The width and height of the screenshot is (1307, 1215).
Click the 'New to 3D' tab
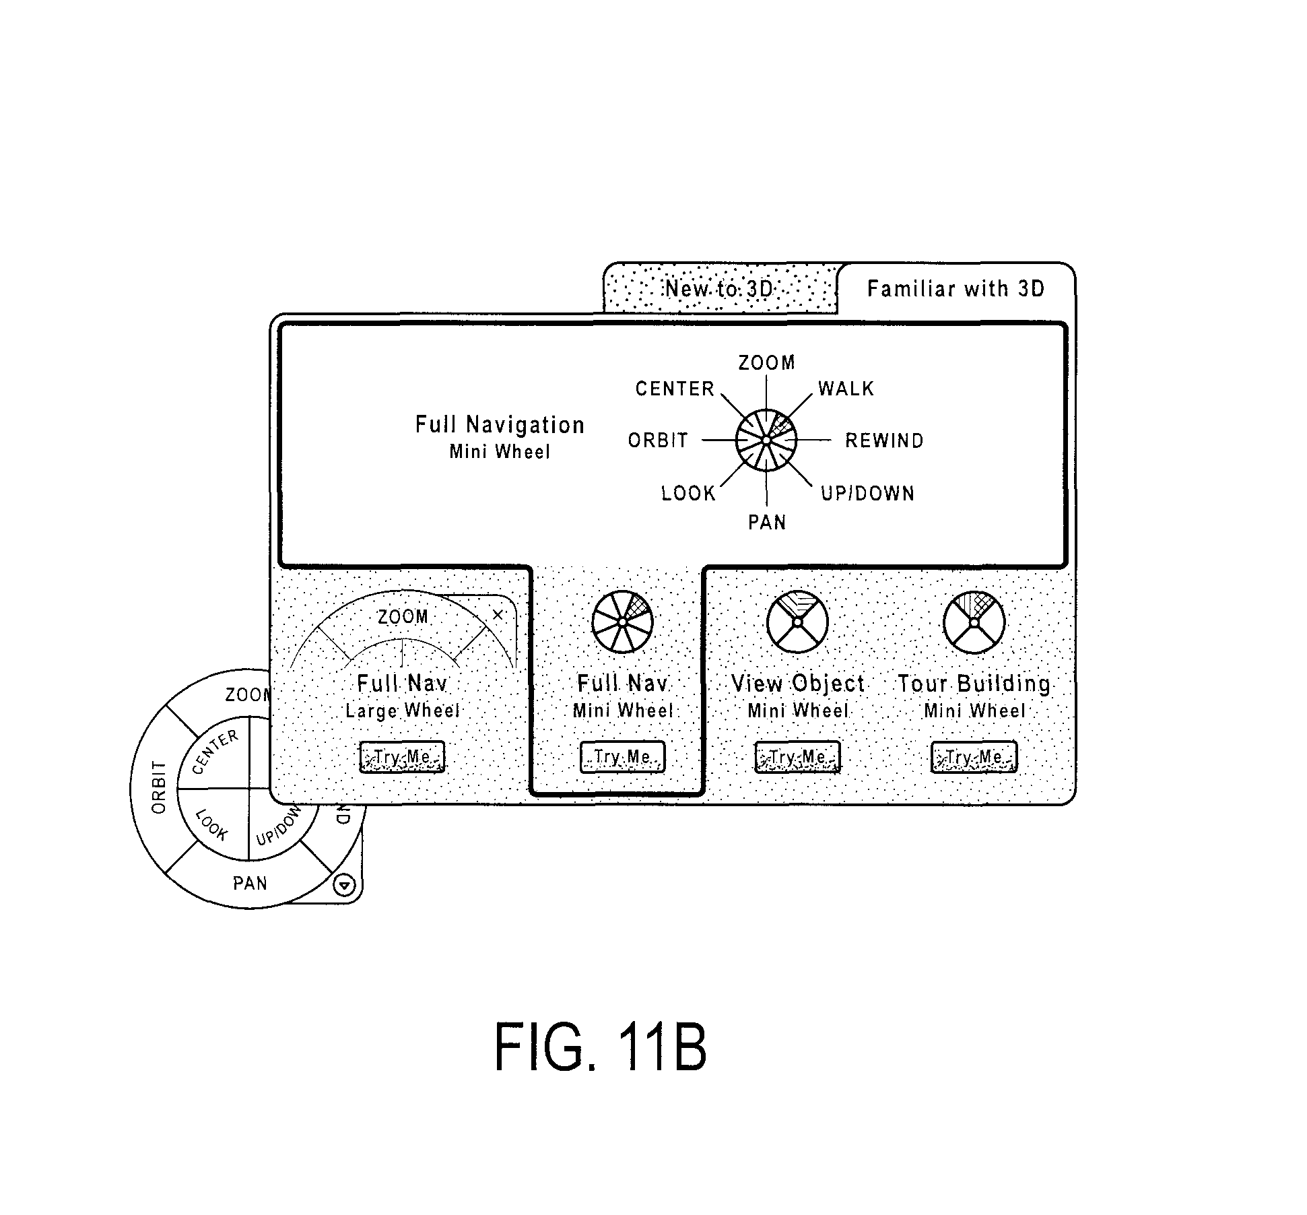(720, 288)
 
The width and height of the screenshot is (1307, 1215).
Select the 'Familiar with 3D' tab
(956, 289)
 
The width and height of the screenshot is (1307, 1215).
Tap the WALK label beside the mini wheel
(846, 389)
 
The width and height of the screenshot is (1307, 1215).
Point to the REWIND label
(884, 440)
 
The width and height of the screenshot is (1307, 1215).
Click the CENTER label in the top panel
(675, 389)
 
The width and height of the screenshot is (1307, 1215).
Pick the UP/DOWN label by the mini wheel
(867, 494)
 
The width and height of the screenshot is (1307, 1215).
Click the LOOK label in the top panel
(688, 494)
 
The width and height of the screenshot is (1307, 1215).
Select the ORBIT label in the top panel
(658, 440)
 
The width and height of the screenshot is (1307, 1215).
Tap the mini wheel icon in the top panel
(766, 440)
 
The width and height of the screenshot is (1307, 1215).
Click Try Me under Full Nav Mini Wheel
(622, 756)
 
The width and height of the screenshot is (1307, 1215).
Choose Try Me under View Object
(797, 756)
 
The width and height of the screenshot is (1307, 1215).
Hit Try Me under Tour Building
(974, 756)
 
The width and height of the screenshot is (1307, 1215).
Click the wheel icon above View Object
(798, 622)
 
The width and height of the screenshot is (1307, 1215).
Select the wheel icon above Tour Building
(974, 622)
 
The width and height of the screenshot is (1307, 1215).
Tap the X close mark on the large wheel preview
(498, 614)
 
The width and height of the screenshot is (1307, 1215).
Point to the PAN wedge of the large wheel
(250, 884)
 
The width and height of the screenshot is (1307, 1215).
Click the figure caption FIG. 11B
(600, 1047)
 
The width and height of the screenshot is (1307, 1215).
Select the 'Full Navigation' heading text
(500, 425)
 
